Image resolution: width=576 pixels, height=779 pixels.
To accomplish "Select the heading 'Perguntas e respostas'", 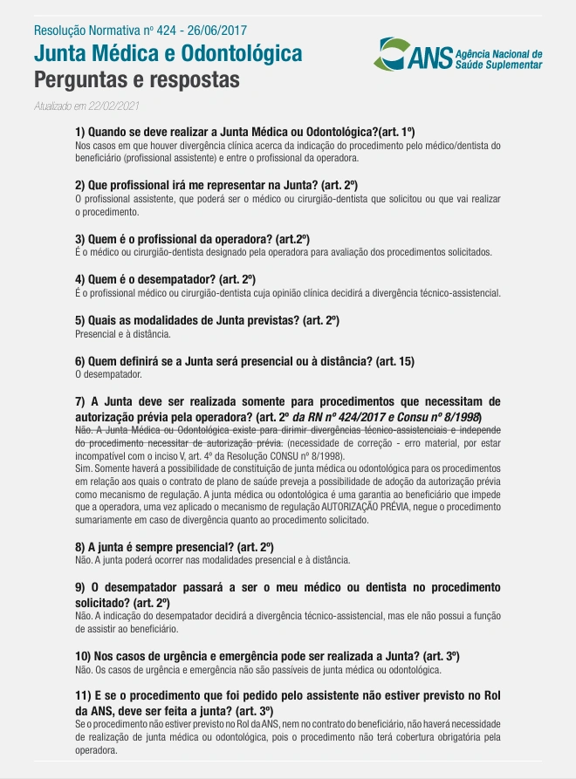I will (x=135, y=80).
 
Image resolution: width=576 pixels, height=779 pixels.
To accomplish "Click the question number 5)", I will (x=81, y=320).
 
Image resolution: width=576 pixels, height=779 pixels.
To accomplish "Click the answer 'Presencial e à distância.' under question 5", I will (x=122, y=333).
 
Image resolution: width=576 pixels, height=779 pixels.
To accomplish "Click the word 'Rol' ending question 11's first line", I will (x=490, y=694).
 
